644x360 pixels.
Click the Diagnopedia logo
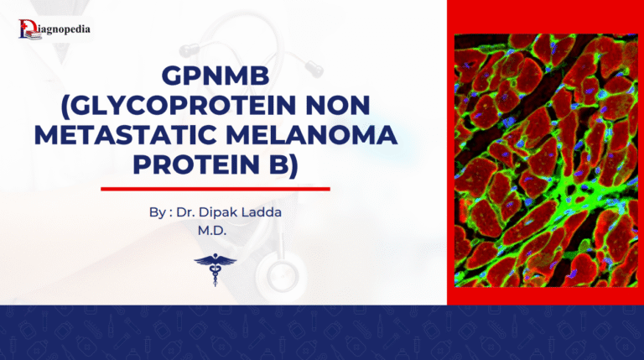pyautogui.click(x=54, y=29)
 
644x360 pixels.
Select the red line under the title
pyautogui.click(x=216, y=189)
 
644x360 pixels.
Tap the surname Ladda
pyautogui.click(x=263, y=212)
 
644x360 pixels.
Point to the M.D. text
pyautogui.click(x=216, y=229)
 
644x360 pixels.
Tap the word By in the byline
pyautogui.click(x=157, y=212)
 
